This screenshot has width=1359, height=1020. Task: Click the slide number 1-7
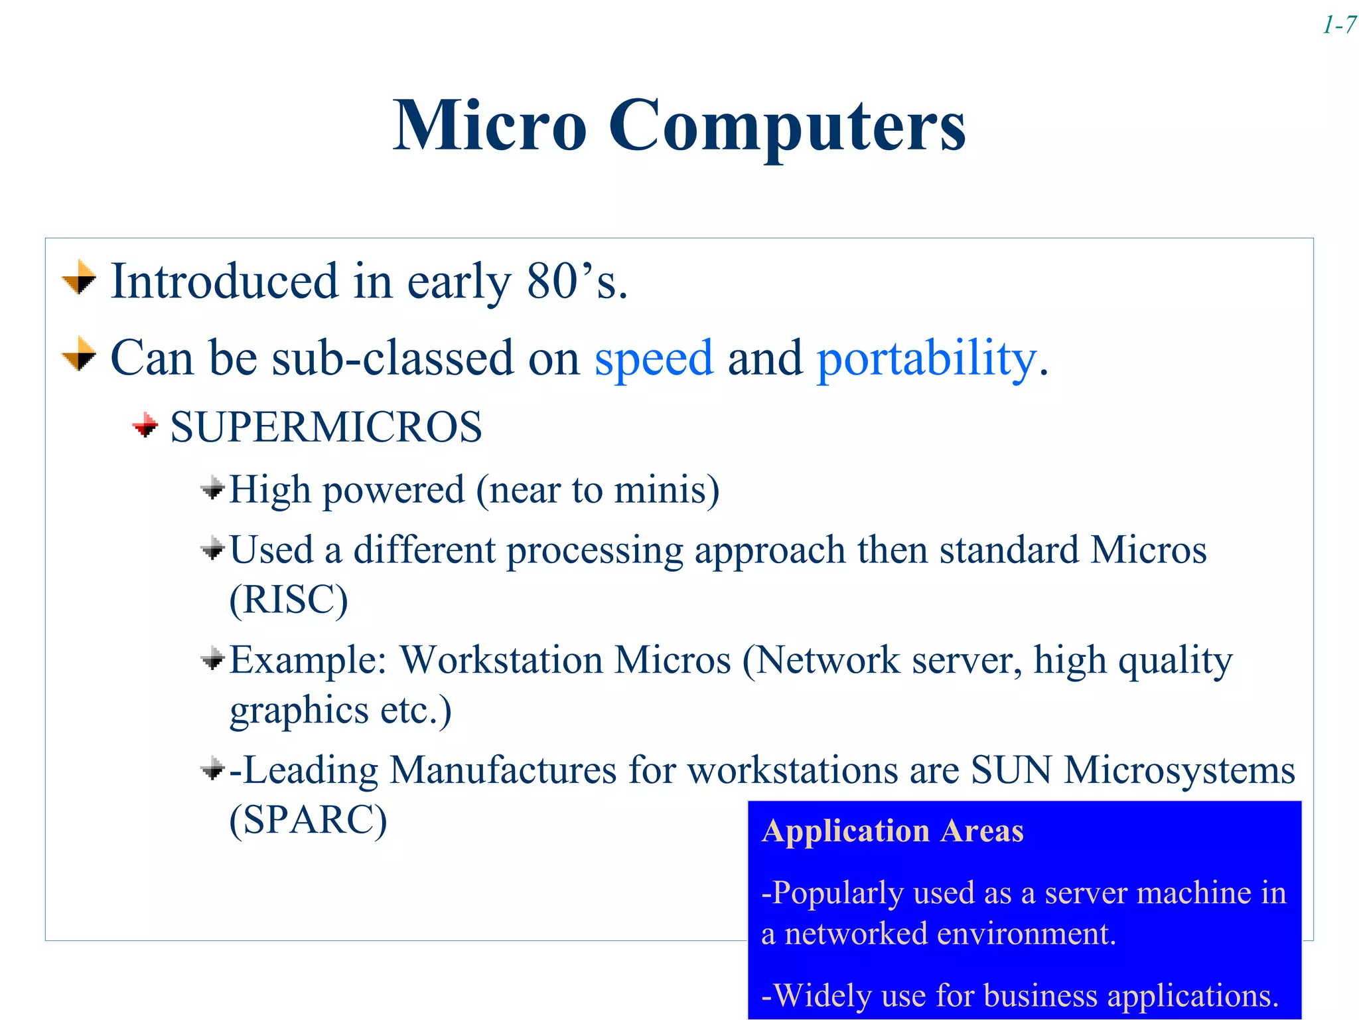point(1338,26)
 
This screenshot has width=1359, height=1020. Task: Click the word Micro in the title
point(490,126)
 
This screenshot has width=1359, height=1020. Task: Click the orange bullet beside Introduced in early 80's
point(79,278)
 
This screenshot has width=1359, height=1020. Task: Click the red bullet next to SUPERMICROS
point(145,425)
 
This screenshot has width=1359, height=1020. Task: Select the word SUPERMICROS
point(326,427)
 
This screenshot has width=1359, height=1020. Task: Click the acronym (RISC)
point(289,600)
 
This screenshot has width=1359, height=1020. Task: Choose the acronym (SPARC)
point(308,819)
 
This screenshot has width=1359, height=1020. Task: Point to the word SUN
point(1011,770)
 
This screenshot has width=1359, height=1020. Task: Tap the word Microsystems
point(1179,772)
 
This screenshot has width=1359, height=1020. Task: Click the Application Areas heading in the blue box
point(893,831)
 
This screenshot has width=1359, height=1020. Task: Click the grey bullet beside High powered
point(212,490)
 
